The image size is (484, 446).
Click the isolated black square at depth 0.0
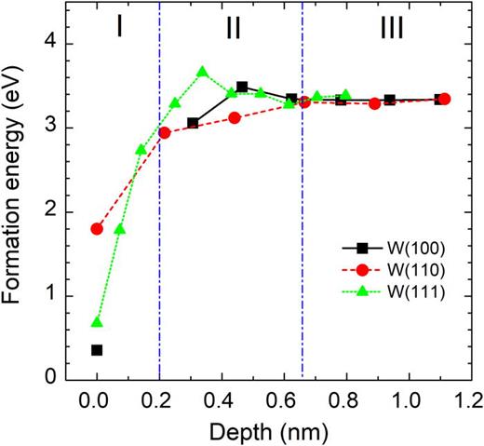click(x=97, y=350)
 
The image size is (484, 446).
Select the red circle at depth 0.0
click(x=97, y=229)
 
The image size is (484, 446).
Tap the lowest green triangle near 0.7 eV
click(x=97, y=322)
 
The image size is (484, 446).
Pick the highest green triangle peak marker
click(x=203, y=72)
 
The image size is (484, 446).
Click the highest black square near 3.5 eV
click(x=242, y=87)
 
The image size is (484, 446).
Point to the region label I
click(x=119, y=29)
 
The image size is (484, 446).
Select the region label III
click(x=391, y=29)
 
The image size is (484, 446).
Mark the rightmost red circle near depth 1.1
click(x=444, y=99)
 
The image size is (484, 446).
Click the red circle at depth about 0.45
click(x=235, y=117)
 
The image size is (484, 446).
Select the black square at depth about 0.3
click(x=194, y=123)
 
